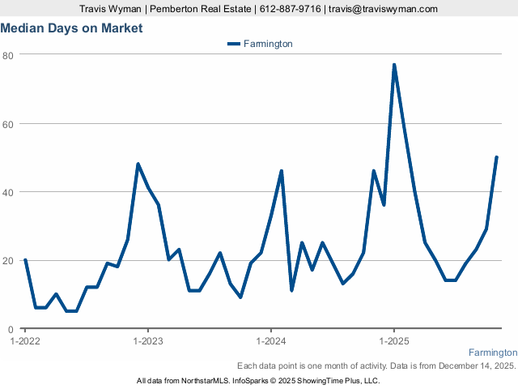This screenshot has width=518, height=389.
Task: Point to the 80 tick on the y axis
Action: point(8,55)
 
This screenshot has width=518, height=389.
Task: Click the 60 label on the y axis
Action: point(8,124)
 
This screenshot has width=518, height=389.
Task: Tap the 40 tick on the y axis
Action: point(8,192)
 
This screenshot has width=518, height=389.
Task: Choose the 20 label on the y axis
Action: point(8,261)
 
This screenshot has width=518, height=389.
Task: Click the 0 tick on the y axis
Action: point(11,329)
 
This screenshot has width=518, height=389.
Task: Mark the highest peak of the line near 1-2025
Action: point(394,65)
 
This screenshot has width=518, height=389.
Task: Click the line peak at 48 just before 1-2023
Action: point(138,165)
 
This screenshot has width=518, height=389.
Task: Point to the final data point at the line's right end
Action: point(496,157)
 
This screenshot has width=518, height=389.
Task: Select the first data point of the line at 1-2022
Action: point(25,260)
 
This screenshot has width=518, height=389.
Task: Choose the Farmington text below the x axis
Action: point(493,353)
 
